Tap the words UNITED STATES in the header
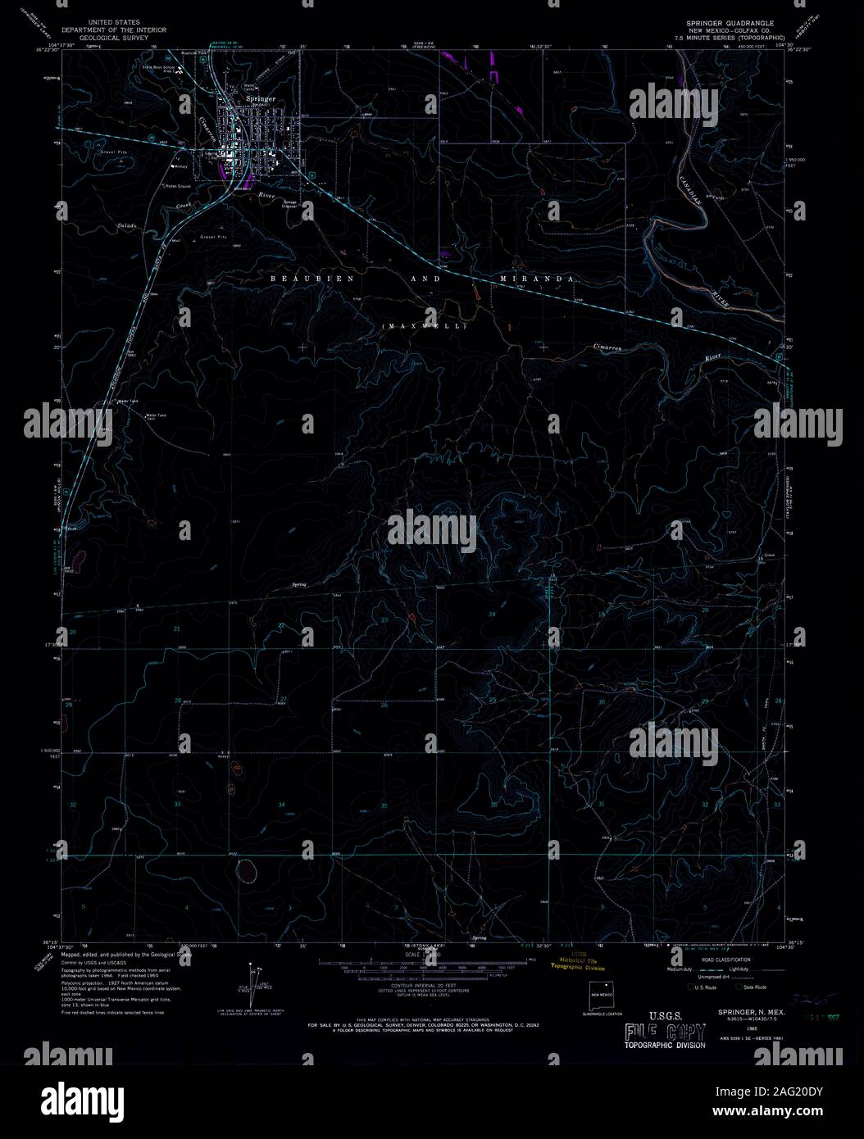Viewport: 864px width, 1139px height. [116, 22]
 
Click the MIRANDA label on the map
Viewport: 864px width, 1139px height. [535, 279]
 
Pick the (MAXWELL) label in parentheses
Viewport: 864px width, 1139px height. [424, 326]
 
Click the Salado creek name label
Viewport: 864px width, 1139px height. [125, 225]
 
